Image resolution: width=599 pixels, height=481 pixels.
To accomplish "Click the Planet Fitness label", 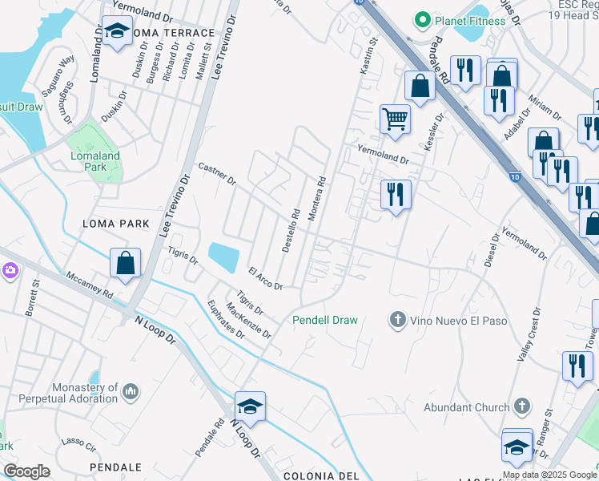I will pyautogui.click(x=470, y=20).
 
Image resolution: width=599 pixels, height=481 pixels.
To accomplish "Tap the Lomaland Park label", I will pyautogui.click(x=95, y=162).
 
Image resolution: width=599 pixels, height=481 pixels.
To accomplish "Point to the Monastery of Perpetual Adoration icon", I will pyautogui.click(x=131, y=392).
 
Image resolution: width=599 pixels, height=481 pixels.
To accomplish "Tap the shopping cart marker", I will pyautogui.click(x=395, y=119).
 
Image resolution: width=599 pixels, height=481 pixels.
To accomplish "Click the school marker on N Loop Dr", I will pyautogui.click(x=251, y=406).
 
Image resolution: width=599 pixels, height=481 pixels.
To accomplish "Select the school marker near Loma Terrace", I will pyautogui.click(x=118, y=32).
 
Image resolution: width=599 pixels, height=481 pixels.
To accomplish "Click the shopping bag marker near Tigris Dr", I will pyautogui.click(x=126, y=264).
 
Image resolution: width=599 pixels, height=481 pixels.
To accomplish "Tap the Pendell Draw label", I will pyautogui.click(x=324, y=320).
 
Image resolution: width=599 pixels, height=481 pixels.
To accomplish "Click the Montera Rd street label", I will pyautogui.click(x=316, y=200).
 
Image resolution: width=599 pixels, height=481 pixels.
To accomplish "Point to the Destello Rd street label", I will pyautogui.click(x=291, y=231).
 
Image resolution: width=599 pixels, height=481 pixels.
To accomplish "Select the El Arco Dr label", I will pyautogui.click(x=265, y=279).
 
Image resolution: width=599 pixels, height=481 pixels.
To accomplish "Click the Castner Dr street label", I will pyautogui.click(x=216, y=173).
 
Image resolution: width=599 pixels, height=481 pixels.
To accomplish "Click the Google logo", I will pyautogui.click(x=26, y=471).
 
